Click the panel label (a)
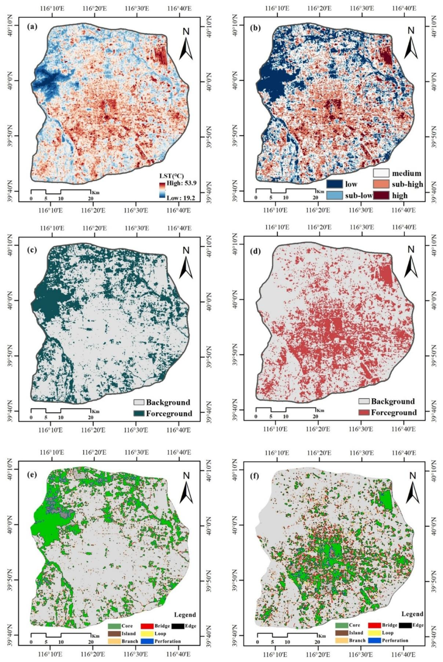coord(32,27)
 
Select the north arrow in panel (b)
coord(411,43)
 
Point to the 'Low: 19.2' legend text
coord(181,198)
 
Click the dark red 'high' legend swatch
coord(381,196)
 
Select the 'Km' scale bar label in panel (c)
coord(96,412)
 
